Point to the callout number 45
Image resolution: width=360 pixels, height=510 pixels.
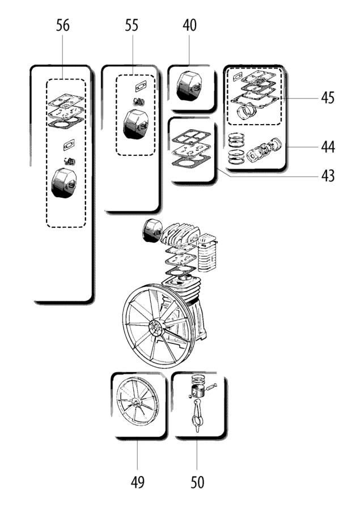point(327,97)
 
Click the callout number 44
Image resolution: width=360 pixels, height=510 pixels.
point(327,147)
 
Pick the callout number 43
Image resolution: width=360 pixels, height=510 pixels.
point(327,175)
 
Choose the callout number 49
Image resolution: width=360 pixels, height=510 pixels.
point(137,482)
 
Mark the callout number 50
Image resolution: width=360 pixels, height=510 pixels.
point(197,482)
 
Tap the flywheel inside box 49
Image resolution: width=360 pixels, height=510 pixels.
point(137,403)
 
